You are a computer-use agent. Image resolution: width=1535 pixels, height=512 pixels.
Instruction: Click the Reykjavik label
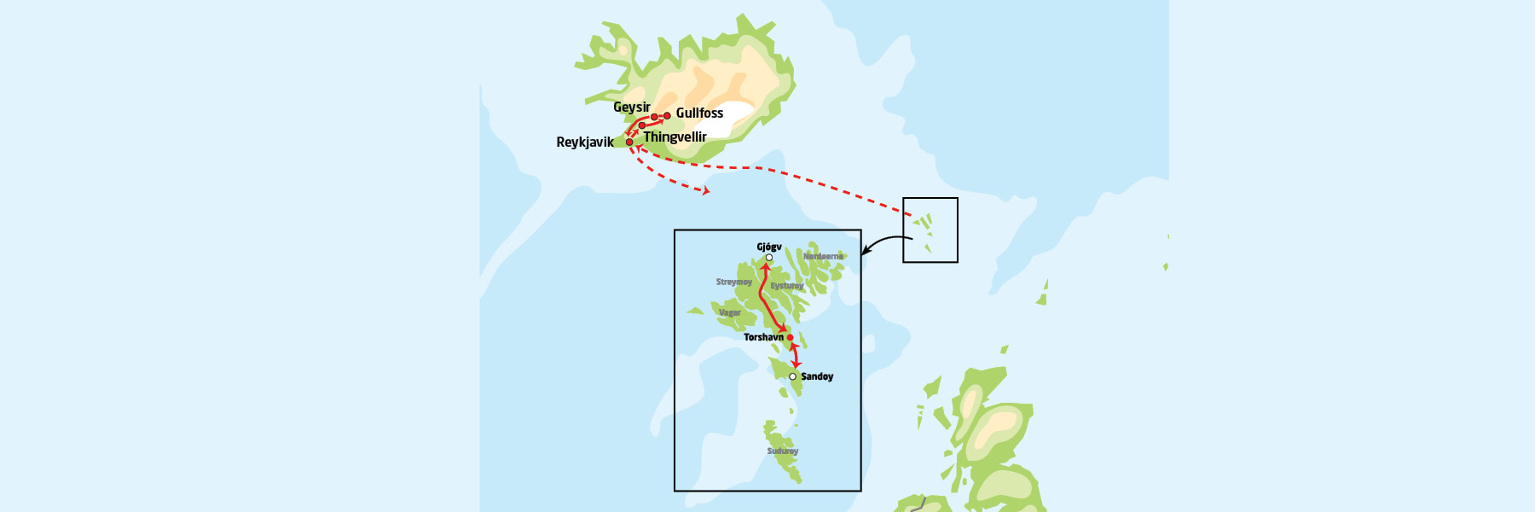[584, 143]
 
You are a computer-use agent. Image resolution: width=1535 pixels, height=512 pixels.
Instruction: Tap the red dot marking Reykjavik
[629, 143]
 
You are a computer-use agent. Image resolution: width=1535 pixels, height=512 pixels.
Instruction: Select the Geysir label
[631, 108]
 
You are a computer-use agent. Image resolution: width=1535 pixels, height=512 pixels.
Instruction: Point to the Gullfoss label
[699, 113]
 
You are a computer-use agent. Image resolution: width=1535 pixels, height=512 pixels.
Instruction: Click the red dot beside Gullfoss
[667, 116]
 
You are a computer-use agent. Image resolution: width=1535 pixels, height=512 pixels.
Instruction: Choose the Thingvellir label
[675, 137]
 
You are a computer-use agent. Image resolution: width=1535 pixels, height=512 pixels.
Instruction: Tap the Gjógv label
[769, 247]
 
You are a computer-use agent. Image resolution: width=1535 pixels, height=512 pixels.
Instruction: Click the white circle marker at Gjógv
[769, 258]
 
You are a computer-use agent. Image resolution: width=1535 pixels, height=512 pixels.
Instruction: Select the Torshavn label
[763, 338]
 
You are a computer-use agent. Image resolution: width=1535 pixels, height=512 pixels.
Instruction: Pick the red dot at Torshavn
[790, 338]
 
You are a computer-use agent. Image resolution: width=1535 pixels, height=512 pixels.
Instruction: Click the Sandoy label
[817, 376]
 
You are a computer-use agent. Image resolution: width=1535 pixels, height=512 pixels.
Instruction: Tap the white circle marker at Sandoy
[793, 376]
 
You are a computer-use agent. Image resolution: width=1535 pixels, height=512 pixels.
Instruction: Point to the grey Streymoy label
[734, 282]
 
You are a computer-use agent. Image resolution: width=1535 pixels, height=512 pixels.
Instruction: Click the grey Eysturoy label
[787, 286]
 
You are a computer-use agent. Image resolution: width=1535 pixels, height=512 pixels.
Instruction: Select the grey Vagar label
[730, 313]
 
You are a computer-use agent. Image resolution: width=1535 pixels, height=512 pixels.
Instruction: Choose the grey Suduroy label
[783, 451]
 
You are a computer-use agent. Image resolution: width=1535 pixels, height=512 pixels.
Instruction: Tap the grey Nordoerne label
[823, 256]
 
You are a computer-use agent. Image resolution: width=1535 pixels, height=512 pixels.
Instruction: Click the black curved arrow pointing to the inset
[887, 241]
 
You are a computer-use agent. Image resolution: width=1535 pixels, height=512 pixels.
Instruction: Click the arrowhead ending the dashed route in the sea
[705, 191]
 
